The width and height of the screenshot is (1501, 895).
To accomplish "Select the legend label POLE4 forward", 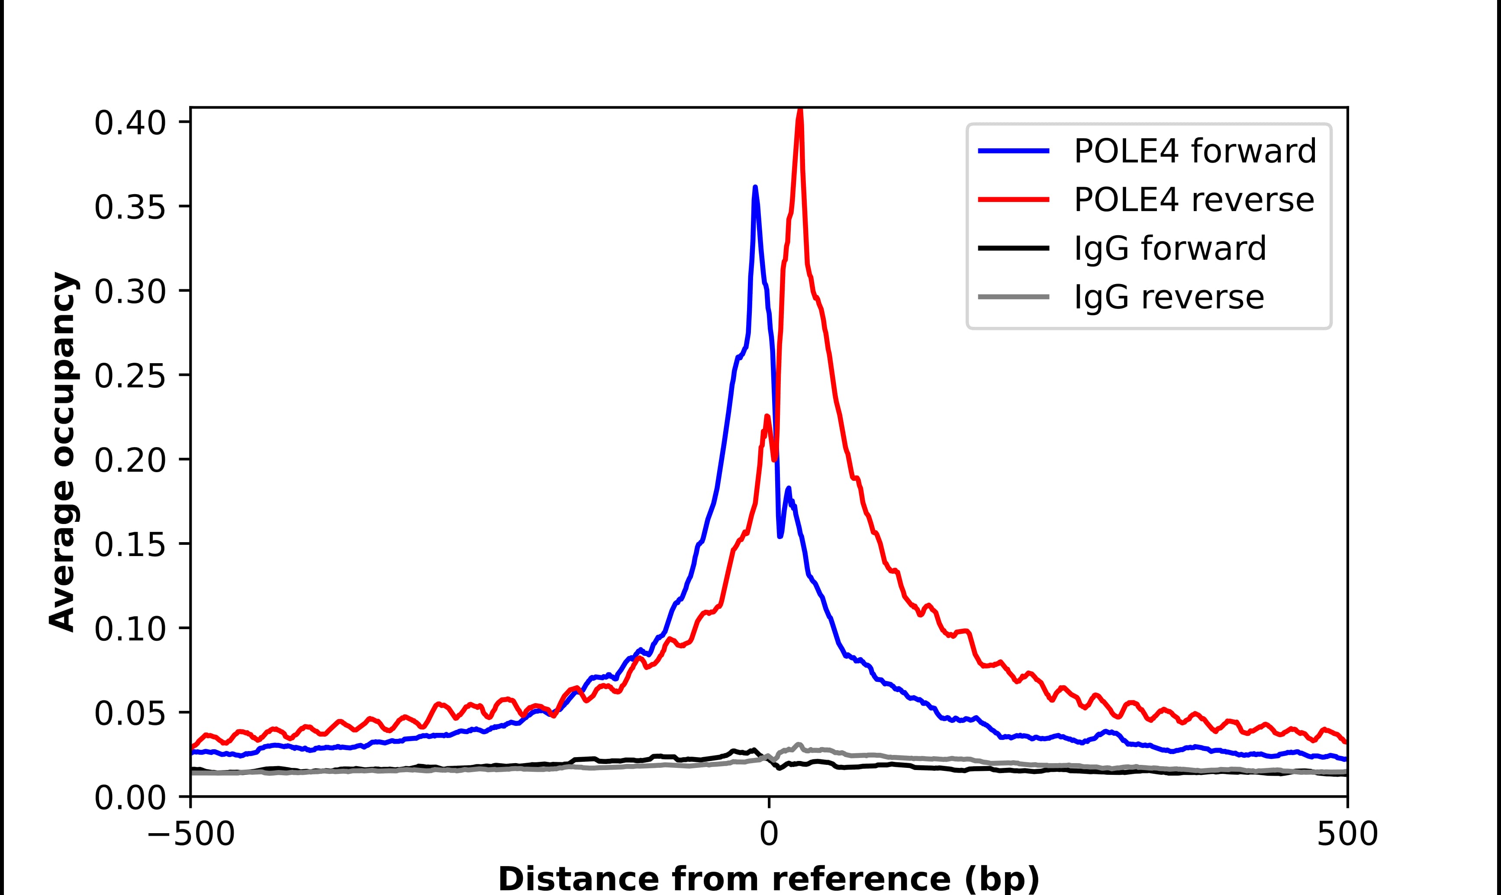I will (x=1195, y=151).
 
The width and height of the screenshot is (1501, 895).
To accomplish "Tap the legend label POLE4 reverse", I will (x=1193, y=200).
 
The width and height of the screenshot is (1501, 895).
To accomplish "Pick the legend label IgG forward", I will (x=1169, y=249).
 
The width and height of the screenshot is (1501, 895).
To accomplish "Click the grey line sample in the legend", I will (x=1014, y=297).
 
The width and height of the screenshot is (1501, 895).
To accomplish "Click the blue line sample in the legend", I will (x=1014, y=151).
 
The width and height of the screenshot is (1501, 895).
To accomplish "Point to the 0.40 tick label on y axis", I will (x=130, y=123).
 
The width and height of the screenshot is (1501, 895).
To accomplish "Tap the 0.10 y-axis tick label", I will (x=130, y=629).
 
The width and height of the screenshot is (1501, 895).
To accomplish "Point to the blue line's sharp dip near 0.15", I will (x=780, y=536).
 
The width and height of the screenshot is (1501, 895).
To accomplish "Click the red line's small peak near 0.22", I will (x=767, y=417).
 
